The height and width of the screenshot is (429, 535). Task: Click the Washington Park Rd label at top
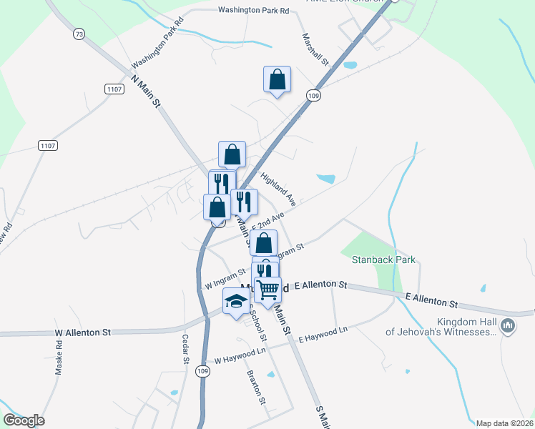point(253,11)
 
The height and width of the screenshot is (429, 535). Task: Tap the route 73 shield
point(79,34)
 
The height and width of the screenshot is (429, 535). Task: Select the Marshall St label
point(315,50)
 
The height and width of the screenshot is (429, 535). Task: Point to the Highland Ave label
point(278,189)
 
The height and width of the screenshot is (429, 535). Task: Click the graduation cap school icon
point(236,301)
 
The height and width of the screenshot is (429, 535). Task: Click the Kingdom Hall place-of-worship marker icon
point(508,327)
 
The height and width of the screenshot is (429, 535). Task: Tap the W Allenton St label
point(83,332)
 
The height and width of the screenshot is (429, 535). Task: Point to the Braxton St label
point(256,386)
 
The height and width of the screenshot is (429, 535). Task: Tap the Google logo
point(24,420)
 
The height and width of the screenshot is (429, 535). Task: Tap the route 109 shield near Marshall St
point(313,95)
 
